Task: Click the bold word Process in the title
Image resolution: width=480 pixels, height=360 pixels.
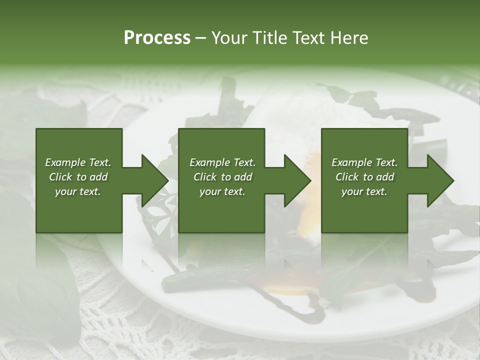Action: click(157, 38)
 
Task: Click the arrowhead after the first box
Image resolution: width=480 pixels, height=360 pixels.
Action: click(155, 180)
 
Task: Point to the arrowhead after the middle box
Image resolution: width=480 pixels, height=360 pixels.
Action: click(297, 180)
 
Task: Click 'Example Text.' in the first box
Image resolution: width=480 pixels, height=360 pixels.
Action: click(78, 162)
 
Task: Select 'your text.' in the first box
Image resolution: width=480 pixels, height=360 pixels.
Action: click(78, 191)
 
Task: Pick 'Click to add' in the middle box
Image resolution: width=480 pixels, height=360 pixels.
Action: click(222, 177)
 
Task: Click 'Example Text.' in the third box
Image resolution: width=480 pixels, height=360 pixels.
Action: click(364, 162)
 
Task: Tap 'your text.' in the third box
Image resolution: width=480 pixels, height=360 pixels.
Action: click(364, 191)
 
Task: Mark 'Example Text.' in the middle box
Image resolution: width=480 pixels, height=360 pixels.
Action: click(222, 162)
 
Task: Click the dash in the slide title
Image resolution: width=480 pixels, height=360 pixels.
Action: click(201, 38)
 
